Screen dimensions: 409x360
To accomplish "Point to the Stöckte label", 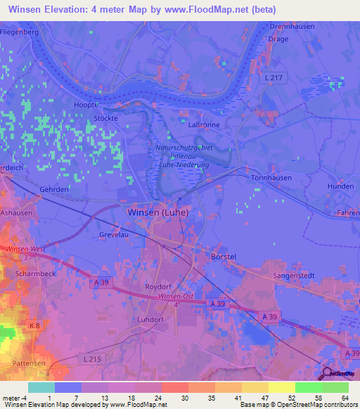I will (104, 119).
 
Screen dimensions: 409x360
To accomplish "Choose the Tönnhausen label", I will (285, 178).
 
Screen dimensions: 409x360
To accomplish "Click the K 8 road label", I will (34, 326).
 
